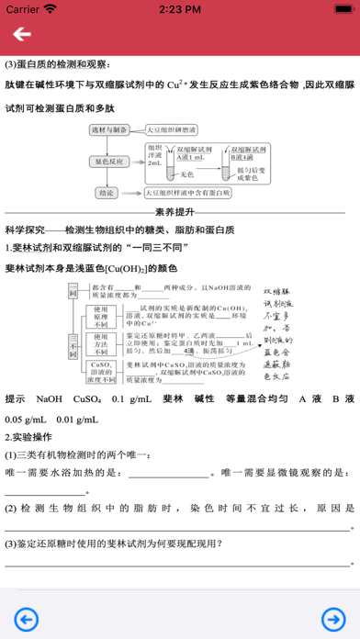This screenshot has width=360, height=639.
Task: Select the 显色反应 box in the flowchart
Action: click(x=113, y=160)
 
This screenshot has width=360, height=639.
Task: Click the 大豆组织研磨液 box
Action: click(x=175, y=131)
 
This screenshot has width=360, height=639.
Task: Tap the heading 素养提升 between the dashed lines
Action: click(x=180, y=209)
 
